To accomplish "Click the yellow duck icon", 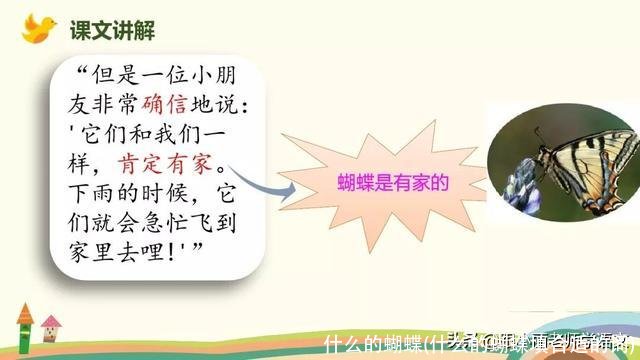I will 38,27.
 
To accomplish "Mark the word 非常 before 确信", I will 120,105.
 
